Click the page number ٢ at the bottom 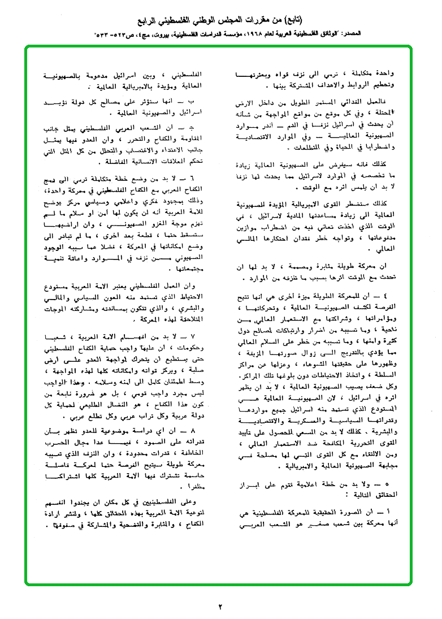pos(220,607)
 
